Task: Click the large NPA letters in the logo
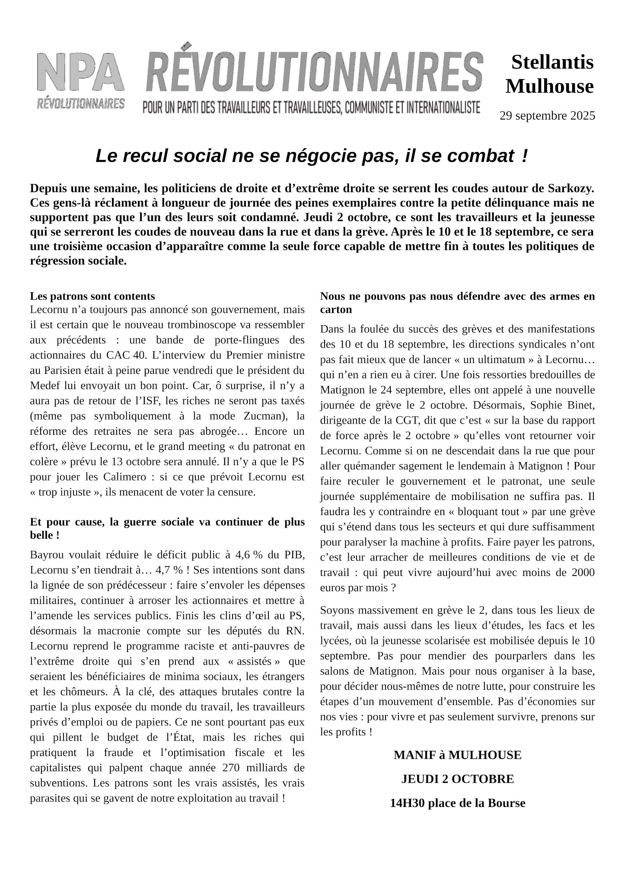[80, 72]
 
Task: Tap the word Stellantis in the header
[552, 62]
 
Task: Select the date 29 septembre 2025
[547, 116]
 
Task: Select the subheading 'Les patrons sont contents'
[92, 296]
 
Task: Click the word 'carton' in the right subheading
[336, 310]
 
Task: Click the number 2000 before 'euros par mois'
[583, 573]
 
